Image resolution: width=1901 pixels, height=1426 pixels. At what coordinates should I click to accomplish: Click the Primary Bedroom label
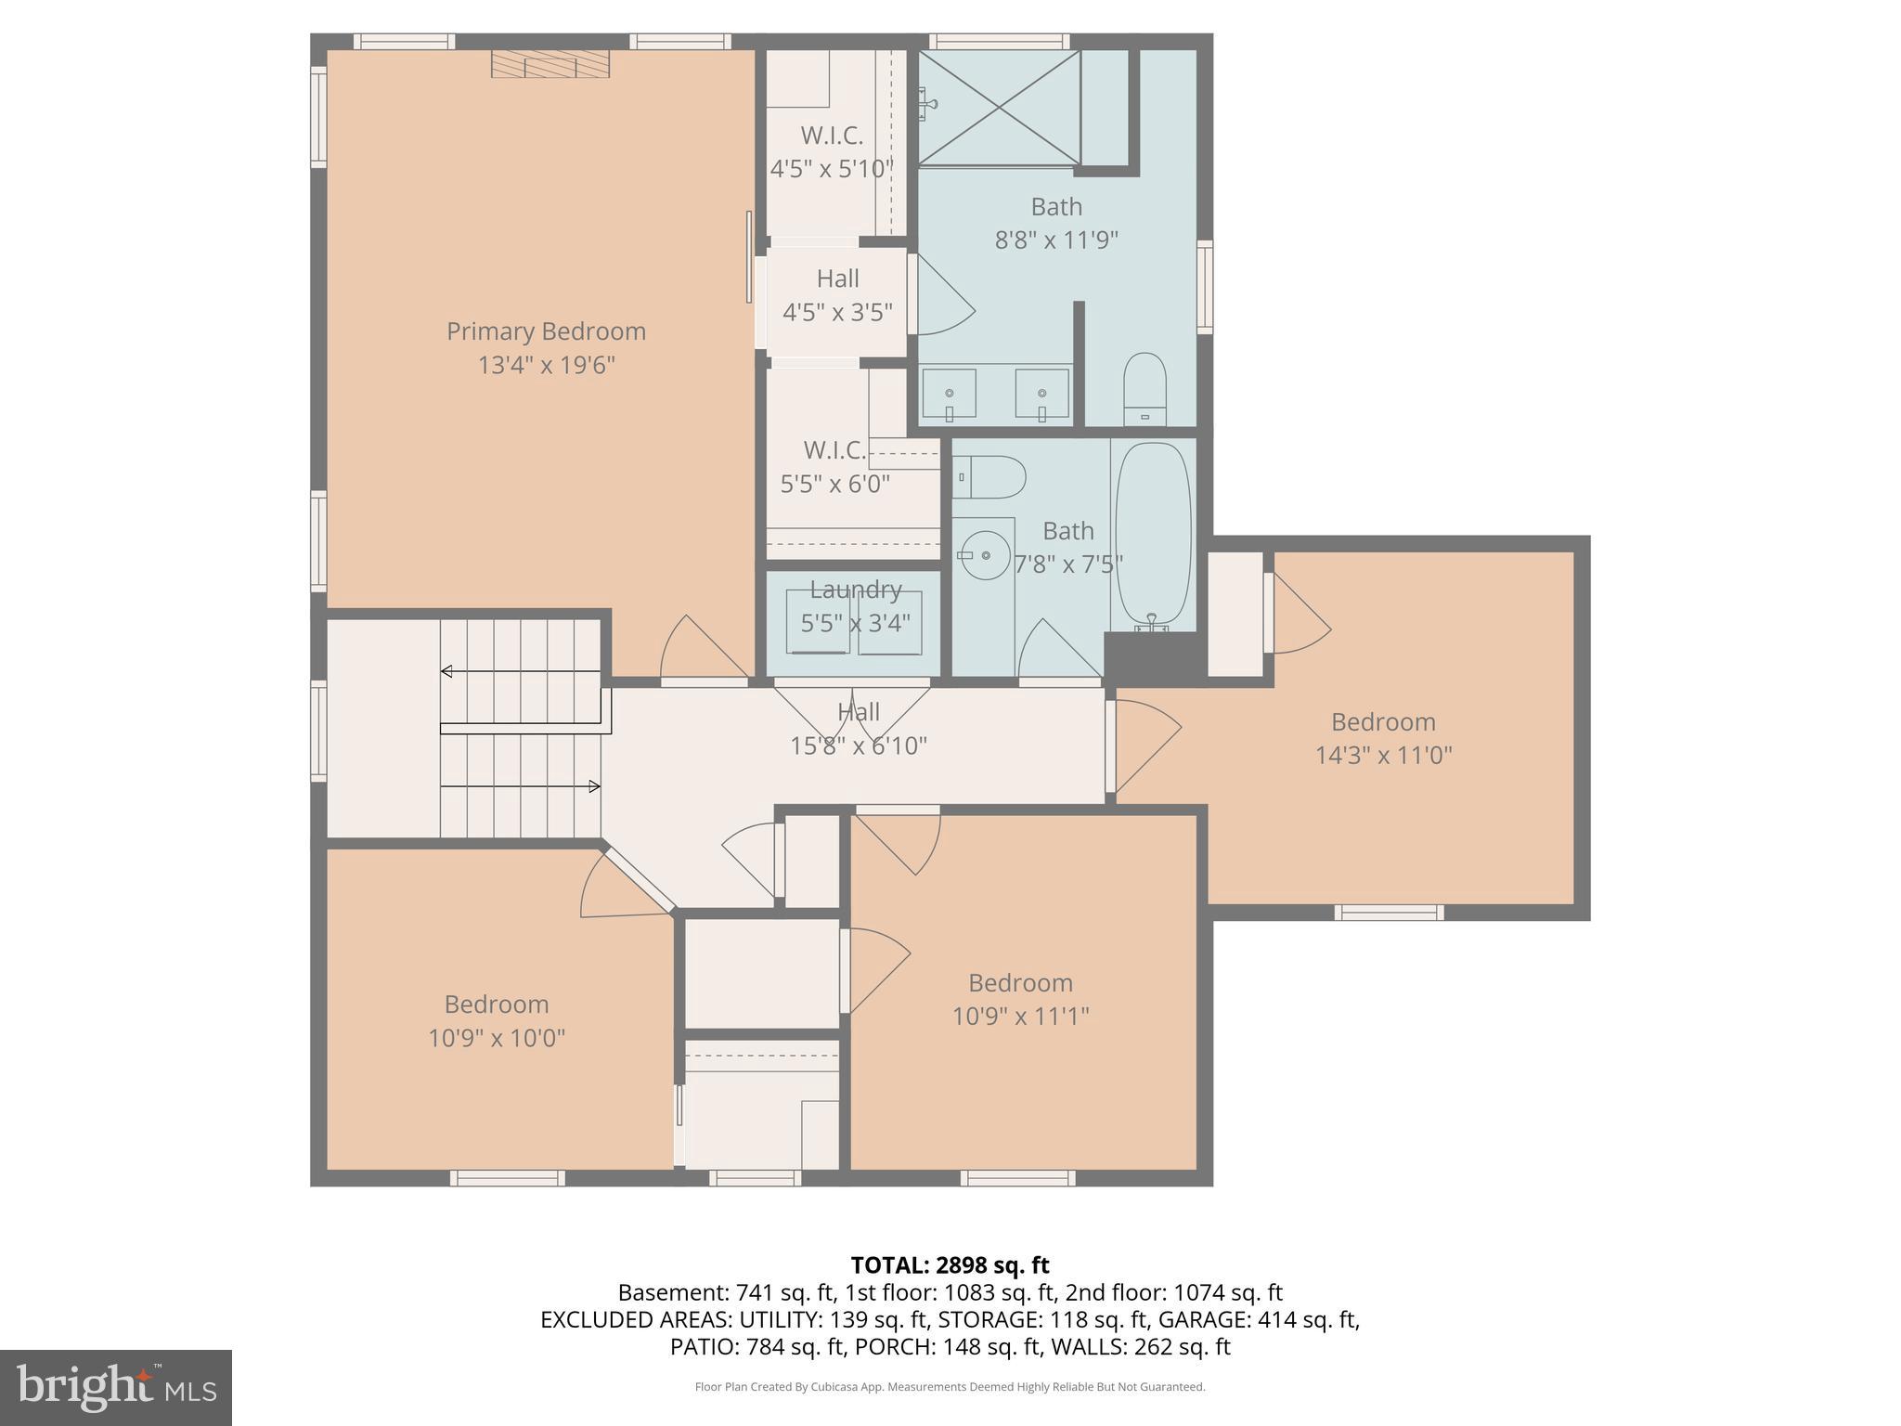point(546,331)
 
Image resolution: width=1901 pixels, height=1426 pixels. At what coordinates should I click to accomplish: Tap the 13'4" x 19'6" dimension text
point(546,365)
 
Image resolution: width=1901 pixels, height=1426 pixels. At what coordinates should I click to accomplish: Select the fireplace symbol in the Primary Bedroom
point(550,64)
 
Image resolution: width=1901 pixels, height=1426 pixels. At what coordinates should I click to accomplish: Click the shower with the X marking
point(1000,108)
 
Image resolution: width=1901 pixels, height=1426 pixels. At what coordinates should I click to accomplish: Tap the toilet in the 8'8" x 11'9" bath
point(1144,390)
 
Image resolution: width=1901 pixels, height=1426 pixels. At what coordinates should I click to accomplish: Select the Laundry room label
point(855,590)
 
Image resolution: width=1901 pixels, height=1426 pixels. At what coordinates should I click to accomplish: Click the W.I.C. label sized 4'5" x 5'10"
point(832,136)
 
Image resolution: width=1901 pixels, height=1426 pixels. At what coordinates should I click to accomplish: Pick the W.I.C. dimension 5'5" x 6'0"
point(834,484)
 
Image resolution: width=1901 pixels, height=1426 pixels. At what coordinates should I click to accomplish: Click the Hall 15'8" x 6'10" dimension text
point(858,745)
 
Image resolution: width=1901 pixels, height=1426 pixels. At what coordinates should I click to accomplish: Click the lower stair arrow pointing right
point(593,787)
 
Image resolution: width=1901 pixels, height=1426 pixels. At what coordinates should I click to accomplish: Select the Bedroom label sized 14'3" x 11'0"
point(1382,721)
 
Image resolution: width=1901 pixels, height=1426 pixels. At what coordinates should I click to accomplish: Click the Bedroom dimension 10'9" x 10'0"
point(497,1038)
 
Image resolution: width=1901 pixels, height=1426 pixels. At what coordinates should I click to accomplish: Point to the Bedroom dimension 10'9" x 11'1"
point(1020,1017)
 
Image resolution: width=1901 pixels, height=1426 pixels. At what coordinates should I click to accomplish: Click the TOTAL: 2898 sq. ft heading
point(950,1265)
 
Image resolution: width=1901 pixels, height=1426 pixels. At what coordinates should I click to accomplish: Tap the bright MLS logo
point(115,1387)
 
